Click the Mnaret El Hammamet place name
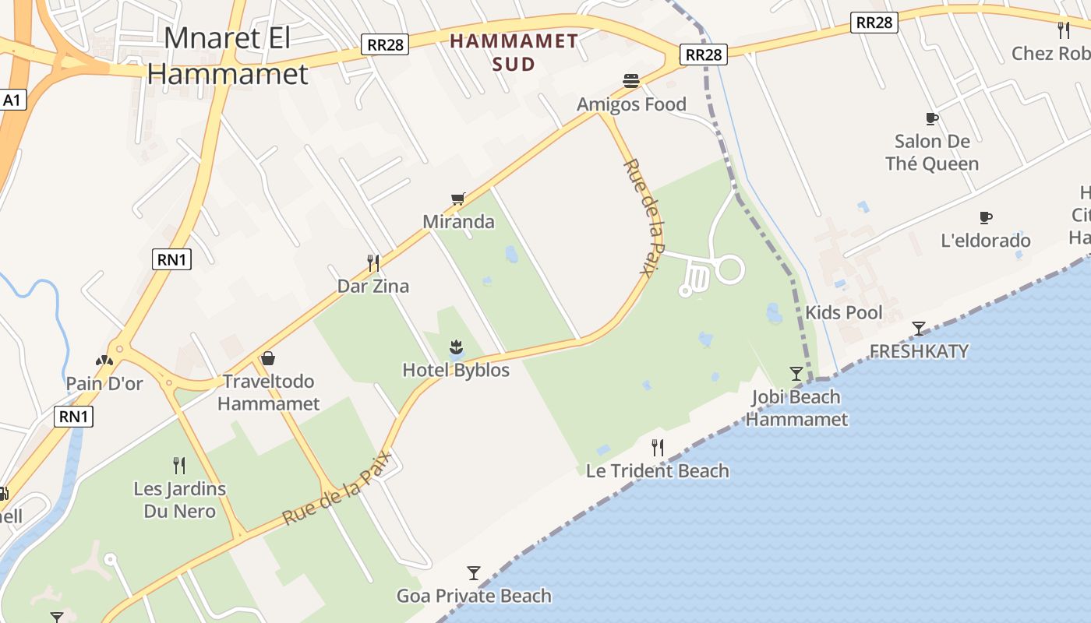click(x=228, y=55)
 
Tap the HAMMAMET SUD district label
click(x=514, y=52)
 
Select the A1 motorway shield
click(x=12, y=100)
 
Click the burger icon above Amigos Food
click(x=631, y=81)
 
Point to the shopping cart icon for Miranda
click(x=458, y=199)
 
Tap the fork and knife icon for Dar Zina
click(x=373, y=263)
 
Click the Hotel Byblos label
click(x=456, y=370)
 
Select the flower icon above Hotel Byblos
click(x=456, y=347)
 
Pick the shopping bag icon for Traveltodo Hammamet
click(x=268, y=358)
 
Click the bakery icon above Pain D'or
click(x=104, y=361)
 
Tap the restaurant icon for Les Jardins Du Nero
click(x=179, y=466)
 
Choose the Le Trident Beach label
click(x=657, y=470)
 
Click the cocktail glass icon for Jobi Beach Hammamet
click(x=796, y=374)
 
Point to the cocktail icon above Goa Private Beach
click(x=474, y=573)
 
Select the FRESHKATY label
click(x=919, y=351)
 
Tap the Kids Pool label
click(x=844, y=313)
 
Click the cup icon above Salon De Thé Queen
click(x=931, y=119)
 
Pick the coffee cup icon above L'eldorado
click(x=986, y=218)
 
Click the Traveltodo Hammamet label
click(x=268, y=392)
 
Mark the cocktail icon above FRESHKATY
click(x=919, y=328)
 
